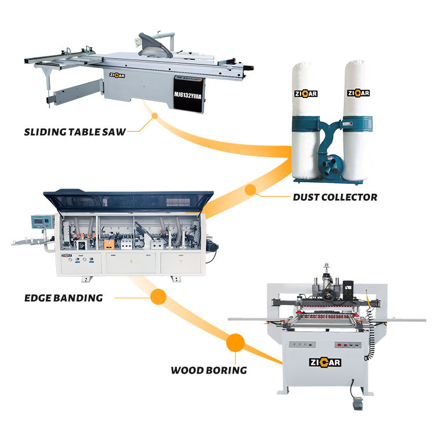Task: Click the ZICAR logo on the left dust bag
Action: [x=306, y=93]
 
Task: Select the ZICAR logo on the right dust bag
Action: [x=358, y=93]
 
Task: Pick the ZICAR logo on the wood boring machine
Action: [x=325, y=363]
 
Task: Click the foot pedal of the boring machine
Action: [x=351, y=408]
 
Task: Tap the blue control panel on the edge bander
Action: [x=41, y=223]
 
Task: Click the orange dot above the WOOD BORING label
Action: [x=235, y=342]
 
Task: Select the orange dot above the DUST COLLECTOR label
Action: [x=251, y=189]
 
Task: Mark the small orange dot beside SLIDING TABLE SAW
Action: [x=154, y=115]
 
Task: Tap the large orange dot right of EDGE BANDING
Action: [x=158, y=298]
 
